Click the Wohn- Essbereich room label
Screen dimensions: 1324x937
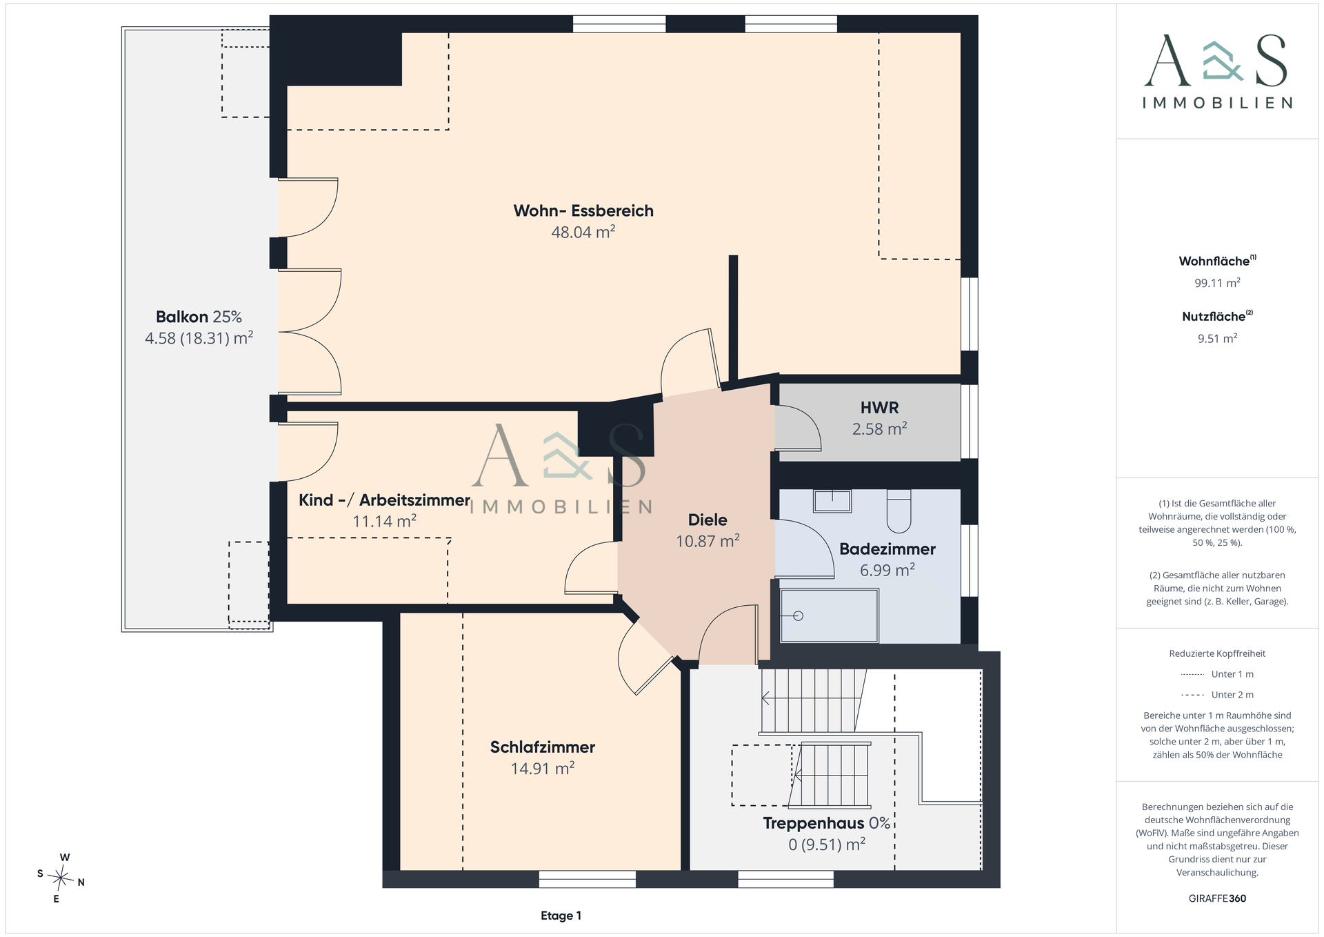[583, 210]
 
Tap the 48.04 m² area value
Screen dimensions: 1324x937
[583, 232]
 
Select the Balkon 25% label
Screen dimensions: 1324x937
[199, 317]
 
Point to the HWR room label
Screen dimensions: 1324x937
[879, 408]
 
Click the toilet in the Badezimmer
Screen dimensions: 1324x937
[899, 511]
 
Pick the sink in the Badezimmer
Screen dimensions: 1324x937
[832, 501]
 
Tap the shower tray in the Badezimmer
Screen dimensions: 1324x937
[829, 615]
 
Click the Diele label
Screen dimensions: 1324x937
[708, 520]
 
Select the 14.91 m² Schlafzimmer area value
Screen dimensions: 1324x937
[543, 769]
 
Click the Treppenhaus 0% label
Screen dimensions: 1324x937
[827, 823]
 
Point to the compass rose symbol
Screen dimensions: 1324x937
[61, 878]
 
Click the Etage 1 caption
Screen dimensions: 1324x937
[561, 916]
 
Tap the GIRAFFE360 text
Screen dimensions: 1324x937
[1217, 898]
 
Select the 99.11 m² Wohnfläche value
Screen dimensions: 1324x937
[1217, 283]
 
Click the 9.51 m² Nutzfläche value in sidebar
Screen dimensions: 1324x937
[1217, 339]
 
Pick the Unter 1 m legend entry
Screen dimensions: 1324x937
[1217, 674]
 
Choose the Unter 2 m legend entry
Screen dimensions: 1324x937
[1217, 695]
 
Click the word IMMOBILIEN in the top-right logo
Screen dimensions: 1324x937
[1217, 103]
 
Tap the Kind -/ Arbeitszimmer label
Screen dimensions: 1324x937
[384, 500]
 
